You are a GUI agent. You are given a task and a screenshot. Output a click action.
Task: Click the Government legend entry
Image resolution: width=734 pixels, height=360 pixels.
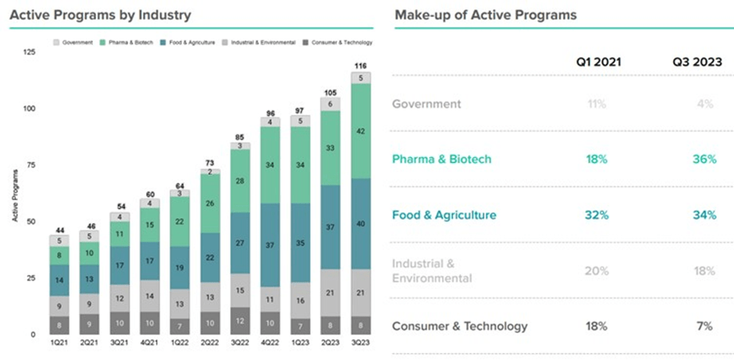pos(75,42)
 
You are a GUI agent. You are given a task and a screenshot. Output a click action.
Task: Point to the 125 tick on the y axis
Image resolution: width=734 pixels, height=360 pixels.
pos(30,52)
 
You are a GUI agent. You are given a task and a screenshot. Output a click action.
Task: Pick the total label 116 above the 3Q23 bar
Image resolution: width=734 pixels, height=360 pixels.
pos(360,66)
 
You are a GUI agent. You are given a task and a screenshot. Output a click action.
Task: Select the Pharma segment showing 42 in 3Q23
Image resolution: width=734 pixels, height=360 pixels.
pos(360,131)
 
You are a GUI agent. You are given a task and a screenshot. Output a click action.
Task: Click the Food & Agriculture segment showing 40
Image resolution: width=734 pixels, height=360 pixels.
pos(360,224)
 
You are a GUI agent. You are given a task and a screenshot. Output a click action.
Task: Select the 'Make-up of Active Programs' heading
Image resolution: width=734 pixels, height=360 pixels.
pos(486,15)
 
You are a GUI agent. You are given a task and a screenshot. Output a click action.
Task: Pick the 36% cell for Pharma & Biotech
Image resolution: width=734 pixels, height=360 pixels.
pos(703,159)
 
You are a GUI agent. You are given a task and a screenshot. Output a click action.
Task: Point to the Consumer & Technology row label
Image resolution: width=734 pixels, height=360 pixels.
pos(459,326)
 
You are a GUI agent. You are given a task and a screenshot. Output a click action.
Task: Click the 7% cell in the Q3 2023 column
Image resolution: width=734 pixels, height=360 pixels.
pos(705,326)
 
